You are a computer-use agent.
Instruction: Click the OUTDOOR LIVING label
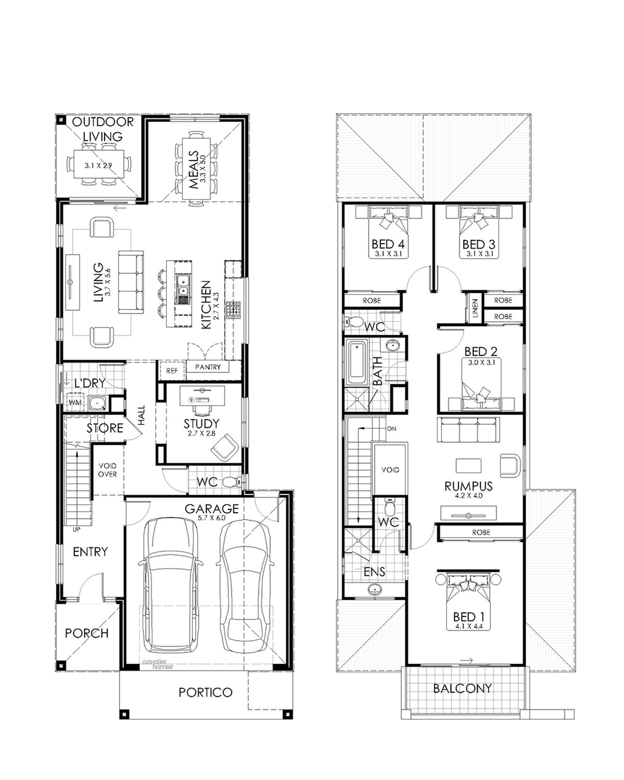point(102,129)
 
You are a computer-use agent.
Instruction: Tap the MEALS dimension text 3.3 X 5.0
point(203,168)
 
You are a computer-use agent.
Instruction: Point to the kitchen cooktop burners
point(233,310)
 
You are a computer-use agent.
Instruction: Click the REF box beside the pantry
point(172,370)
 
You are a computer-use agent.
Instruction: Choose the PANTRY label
point(208,367)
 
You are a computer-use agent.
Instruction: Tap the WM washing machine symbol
point(75,402)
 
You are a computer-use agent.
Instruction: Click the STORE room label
point(105,428)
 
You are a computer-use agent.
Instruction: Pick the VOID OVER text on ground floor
point(107,470)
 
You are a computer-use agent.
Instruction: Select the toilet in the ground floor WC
point(231,482)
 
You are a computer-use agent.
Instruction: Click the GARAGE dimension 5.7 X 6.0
point(212,518)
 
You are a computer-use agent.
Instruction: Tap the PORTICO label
point(205,693)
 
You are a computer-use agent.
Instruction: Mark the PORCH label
point(87,633)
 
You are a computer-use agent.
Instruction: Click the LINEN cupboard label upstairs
point(475,308)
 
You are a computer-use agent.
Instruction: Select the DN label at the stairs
point(392,428)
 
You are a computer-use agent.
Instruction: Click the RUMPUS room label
point(469,486)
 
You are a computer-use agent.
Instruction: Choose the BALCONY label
point(462,688)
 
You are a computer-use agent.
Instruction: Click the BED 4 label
point(388,244)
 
